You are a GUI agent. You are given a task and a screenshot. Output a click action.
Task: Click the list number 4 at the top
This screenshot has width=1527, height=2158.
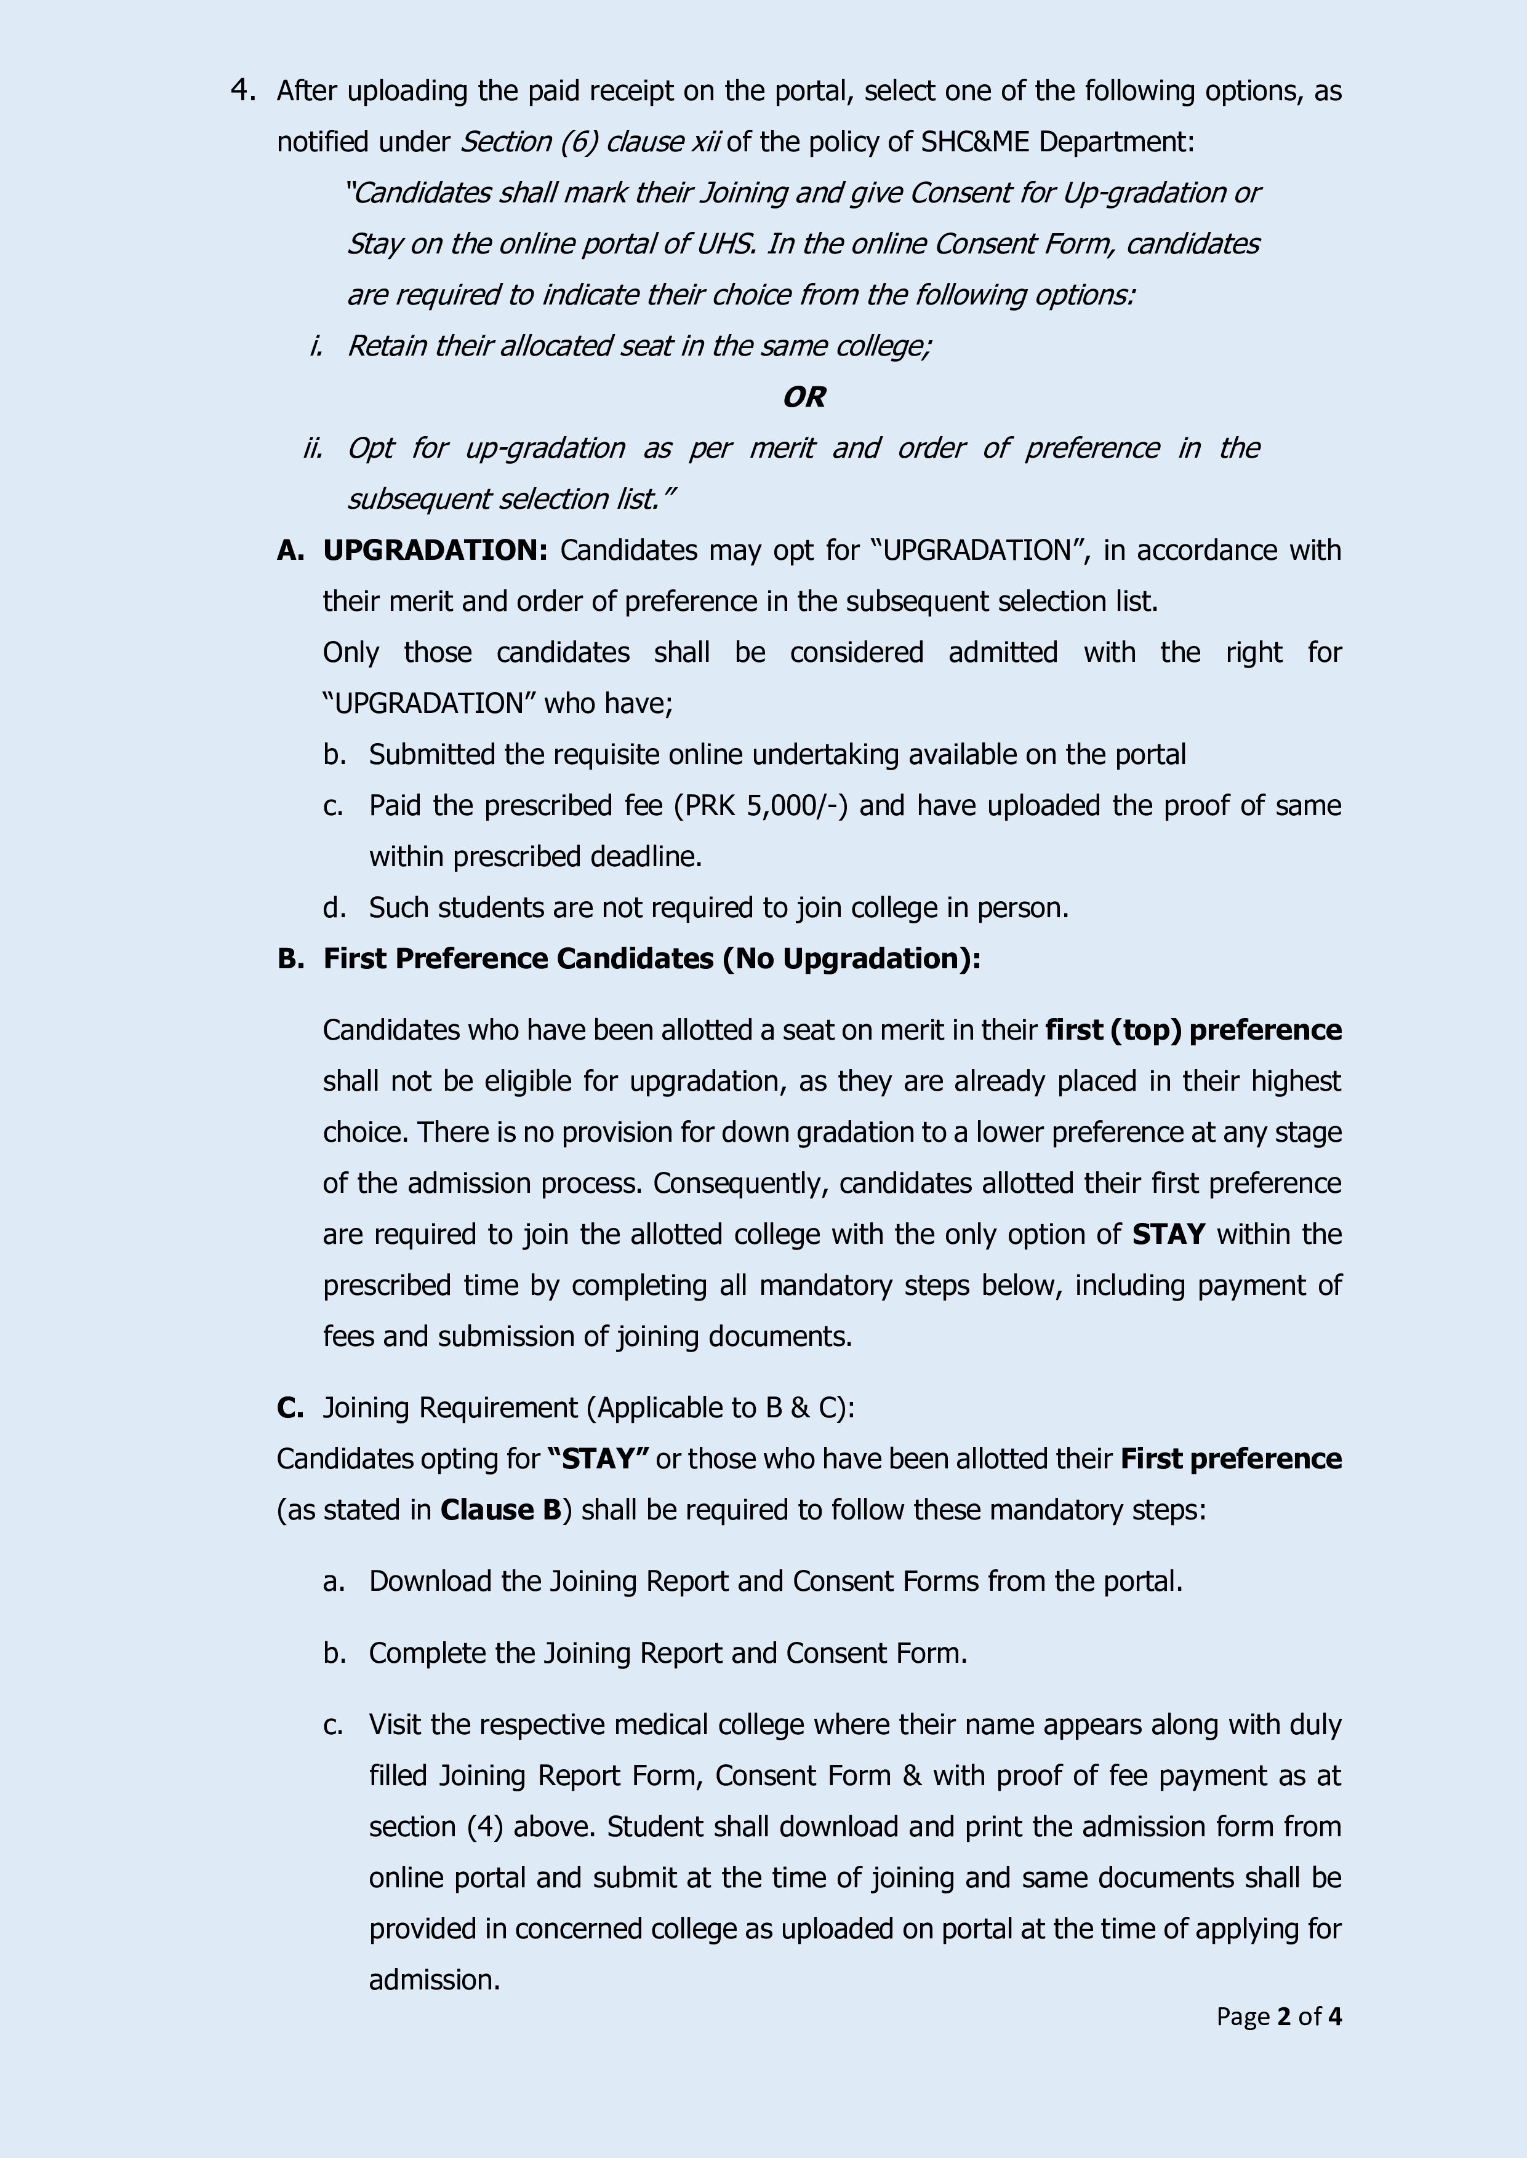[242, 91]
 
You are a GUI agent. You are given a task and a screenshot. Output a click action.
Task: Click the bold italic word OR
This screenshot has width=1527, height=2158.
[804, 397]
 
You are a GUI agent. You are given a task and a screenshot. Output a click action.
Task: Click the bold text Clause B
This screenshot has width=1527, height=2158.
[500, 1510]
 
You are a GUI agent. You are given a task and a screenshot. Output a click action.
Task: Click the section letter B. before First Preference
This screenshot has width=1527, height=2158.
[291, 958]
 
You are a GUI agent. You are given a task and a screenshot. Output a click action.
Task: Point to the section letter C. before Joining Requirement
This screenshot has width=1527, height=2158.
[290, 1408]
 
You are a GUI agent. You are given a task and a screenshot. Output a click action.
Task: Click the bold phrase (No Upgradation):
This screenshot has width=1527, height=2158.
[851, 958]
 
